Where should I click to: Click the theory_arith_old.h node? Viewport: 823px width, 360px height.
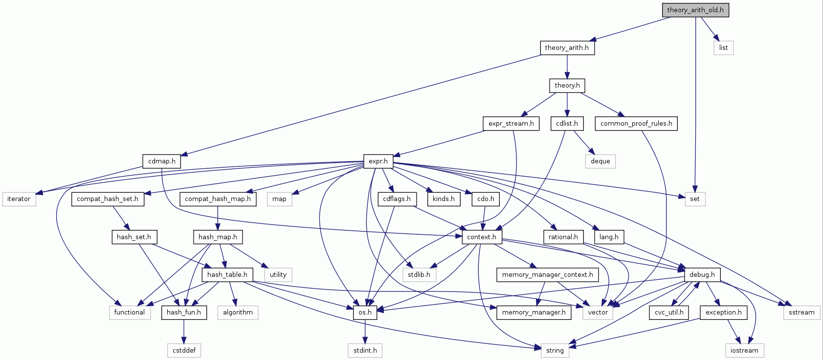click(x=695, y=10)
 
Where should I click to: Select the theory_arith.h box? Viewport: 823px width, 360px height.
click(x=567, y=47)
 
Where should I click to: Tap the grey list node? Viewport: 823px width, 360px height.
click(x=723, y=47)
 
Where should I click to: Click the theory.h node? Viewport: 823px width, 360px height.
click(x=567, y=86)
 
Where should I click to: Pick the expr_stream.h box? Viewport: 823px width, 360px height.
click(x=511, y=123)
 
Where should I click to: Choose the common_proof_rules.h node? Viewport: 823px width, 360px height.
click(x=636, y=123)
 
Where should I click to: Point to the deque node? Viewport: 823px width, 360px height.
click(x=600, y=161)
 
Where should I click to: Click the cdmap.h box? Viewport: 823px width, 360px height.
click(x=162, y=161)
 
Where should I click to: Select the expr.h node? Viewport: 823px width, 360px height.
click(x=378, y=161)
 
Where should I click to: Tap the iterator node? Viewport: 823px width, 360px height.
click(x=19, y=199)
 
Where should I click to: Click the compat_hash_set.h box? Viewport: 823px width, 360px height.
click(x=108, y=199)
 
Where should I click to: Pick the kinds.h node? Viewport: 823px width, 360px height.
click(x=444, y=199)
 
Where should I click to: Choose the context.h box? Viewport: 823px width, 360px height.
click(x=481, y=237)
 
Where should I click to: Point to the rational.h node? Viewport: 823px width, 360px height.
click(x=563, y=237)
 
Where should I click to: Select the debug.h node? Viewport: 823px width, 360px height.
click(x=702, y=274)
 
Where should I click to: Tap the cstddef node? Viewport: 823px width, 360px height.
click(x=184, y=350)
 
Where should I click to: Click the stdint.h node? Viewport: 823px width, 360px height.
click(x=365, y=350)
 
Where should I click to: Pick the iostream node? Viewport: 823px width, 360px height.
click(x=744, y=350)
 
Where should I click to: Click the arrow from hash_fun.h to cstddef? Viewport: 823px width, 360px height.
click(x=184, y=332)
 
